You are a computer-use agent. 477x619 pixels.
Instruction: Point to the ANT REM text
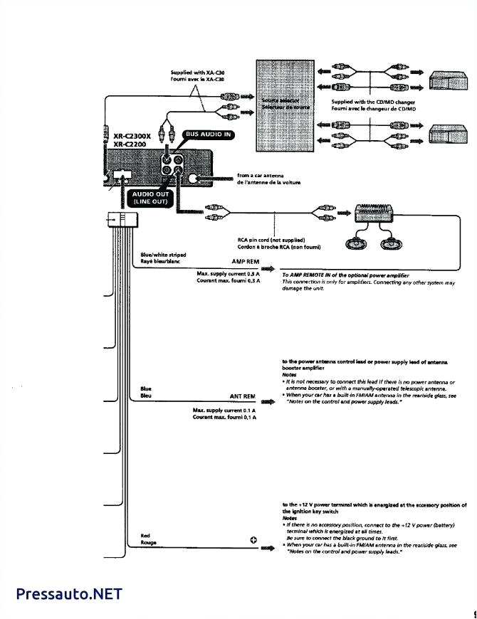242,396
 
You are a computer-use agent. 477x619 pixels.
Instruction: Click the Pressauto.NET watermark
69,593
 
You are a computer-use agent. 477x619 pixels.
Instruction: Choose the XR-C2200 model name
130,144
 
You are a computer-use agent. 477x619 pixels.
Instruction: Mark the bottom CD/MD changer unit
447,135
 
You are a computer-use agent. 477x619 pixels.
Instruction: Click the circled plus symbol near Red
253,539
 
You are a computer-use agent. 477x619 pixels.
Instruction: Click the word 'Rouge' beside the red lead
149,542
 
